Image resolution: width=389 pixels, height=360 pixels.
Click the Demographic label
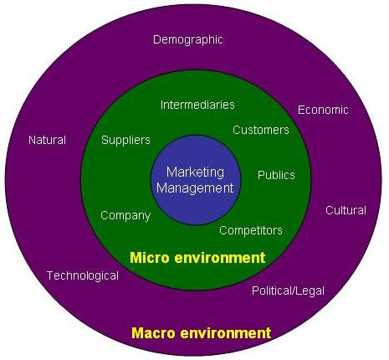click(188, 40)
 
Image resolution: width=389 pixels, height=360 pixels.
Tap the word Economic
click(323, 110)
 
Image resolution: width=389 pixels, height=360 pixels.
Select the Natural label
click(47, 140)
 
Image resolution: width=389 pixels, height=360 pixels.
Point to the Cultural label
click(345, 210)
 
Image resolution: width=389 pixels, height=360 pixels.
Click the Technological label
click(83, 276)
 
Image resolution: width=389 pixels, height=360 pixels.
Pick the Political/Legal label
click(288, 291)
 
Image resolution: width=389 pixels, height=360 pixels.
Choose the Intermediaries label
click(197, 105)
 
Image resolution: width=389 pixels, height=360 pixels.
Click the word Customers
click(261, 130)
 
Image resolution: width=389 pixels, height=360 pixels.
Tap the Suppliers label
click(125, 140)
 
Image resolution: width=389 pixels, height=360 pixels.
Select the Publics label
click(276, 175)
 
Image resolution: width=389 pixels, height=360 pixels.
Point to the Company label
click(125, 216)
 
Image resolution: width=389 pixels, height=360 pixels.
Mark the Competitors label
click(251, 230)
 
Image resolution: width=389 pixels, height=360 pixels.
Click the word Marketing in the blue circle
click(195, 172)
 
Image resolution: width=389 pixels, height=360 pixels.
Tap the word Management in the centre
click(195, 188)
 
